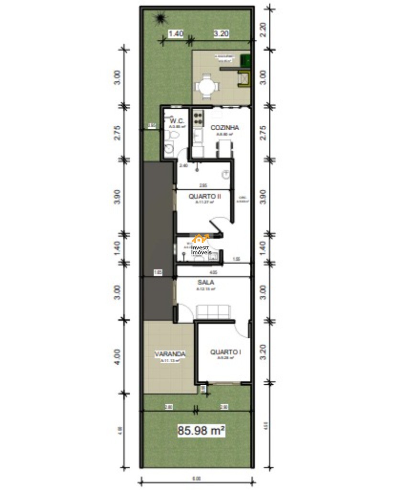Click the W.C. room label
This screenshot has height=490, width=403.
[177, 121]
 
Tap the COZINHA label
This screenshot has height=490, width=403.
[224, 128]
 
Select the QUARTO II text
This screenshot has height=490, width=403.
[204, 196]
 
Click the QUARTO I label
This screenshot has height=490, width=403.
[225, 352]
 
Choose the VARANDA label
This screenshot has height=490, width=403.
[170, 354]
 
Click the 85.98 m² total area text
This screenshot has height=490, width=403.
[201, 431]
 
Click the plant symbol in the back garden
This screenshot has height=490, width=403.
[159, 19]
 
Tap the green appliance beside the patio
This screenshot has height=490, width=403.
[246, 60]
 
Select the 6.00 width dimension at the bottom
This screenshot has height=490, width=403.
[197, 478]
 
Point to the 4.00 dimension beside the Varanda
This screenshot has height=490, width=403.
[118, 356]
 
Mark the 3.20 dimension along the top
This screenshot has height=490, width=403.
[221, 34]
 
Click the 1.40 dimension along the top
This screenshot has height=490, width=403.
[176, 34]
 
